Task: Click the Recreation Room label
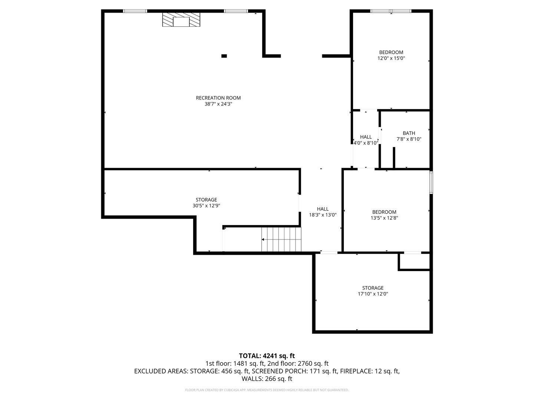point(218,98)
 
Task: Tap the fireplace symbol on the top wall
point(181,19)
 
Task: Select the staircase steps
point(281,239)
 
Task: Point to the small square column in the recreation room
point(224,56)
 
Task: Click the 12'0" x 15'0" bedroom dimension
point(391,58)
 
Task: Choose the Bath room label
point(409,133)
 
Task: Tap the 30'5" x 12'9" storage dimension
point(206,205)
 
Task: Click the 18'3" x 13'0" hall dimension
point(323,215)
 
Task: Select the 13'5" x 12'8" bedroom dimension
point(385,218)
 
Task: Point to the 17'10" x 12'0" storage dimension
point(373,294)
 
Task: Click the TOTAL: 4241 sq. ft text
point(267,356)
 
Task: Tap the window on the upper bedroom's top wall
point(391,11)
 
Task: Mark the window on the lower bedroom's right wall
point(431,183)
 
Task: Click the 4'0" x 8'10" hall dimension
point(366,143)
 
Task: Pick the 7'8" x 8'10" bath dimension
point(409,139)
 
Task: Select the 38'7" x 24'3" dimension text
point(218,104)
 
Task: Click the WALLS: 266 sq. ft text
point(267,379)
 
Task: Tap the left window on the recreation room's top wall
point(135,11)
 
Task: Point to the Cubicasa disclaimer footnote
point(267,390)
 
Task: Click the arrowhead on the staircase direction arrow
point(263,239)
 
